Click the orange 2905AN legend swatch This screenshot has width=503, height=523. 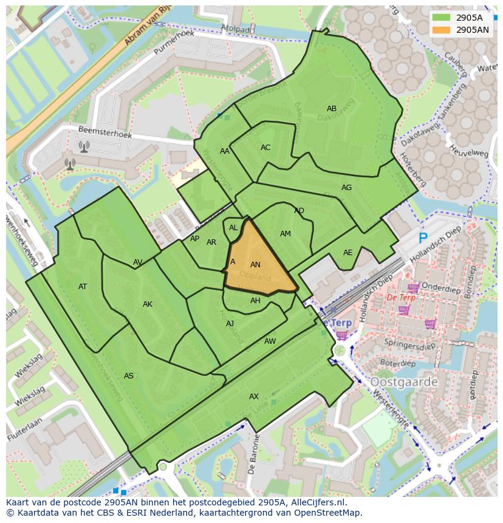442,30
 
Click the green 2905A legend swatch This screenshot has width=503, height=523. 442,18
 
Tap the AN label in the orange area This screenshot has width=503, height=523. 255,265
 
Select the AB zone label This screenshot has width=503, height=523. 332,109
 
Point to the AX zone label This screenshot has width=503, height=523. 254,397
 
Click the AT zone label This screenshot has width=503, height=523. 83,287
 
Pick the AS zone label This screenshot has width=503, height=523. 129,376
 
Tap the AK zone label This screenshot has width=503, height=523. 148,304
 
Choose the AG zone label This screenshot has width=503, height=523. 346,188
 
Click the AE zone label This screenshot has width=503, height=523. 347,253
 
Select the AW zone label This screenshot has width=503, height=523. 270,341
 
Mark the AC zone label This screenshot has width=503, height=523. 265,148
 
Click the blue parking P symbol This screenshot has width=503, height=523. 423,238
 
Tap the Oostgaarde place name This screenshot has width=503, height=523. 403,382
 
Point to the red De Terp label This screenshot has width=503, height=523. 401,298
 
